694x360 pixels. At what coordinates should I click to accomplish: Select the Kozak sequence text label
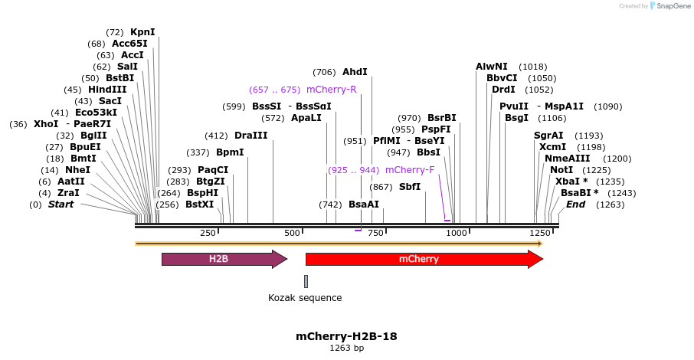305,298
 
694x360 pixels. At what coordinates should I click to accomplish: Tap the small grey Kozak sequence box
306,281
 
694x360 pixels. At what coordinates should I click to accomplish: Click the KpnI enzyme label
142,32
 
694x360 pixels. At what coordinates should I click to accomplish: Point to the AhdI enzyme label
355,72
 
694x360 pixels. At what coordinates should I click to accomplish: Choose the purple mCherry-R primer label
331,90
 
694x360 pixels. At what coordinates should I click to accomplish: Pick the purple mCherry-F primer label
410,170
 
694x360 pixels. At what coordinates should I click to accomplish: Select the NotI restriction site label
561,170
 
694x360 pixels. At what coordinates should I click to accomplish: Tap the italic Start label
61,205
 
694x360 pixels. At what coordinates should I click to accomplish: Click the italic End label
575,205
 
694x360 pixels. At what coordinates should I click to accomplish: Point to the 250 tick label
208,233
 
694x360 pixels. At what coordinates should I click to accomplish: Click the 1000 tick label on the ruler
457,233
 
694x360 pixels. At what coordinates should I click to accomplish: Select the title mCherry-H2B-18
346,336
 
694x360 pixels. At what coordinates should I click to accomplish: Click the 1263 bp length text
346,349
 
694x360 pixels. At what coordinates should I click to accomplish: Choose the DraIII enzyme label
251,136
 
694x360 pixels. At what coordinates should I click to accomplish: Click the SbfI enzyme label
410,187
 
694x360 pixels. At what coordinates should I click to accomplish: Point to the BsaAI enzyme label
364,205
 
